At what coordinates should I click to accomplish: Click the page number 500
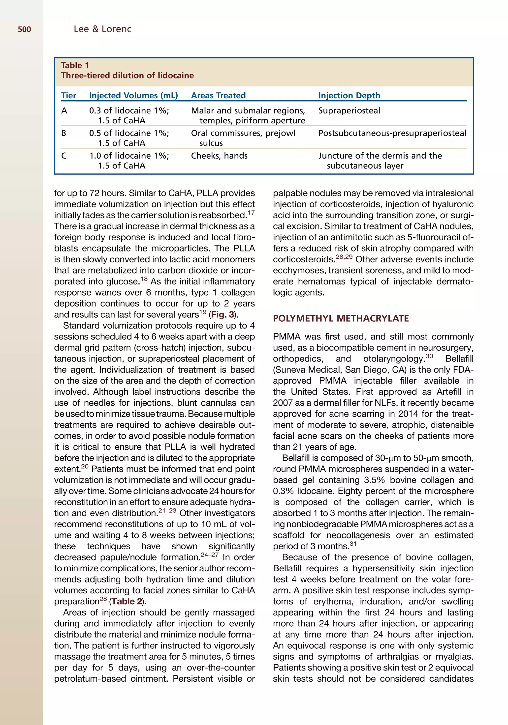(24, 30)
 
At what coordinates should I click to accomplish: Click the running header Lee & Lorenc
(102, 29)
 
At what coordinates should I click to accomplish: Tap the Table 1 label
(75, 65)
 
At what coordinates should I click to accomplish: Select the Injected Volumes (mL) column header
(133, 95)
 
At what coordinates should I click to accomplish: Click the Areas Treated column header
(218, 95)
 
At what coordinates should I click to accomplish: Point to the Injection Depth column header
(349, 95)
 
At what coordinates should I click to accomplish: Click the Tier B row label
(64, 133)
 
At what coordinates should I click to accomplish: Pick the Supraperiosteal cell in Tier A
(349, 111)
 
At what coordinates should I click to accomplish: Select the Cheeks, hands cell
(219, 156)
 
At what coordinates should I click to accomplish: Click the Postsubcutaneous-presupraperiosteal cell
(392, 133)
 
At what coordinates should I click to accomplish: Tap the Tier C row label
(64, 156)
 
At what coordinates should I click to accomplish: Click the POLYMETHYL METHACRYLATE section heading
(341, 318)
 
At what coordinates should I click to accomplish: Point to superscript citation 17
(251, 213)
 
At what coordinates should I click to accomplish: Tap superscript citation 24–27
(209, 555)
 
